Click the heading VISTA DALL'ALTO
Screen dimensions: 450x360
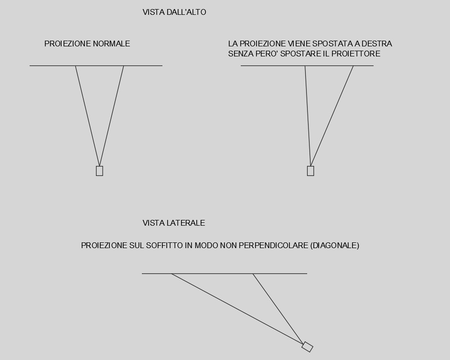(174, 12)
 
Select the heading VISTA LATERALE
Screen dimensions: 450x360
(174, 223)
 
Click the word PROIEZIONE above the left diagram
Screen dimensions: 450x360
(67, 44)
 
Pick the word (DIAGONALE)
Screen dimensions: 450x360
(334, 245)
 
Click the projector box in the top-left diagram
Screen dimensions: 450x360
(99, 171)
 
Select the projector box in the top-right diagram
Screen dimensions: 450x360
(311, 171)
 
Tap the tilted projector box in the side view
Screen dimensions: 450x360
(307, 347)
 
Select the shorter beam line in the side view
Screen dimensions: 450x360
(277, 307)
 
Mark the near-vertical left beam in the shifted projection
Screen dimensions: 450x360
(308, 115)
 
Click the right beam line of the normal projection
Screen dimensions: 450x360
(112, 115)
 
